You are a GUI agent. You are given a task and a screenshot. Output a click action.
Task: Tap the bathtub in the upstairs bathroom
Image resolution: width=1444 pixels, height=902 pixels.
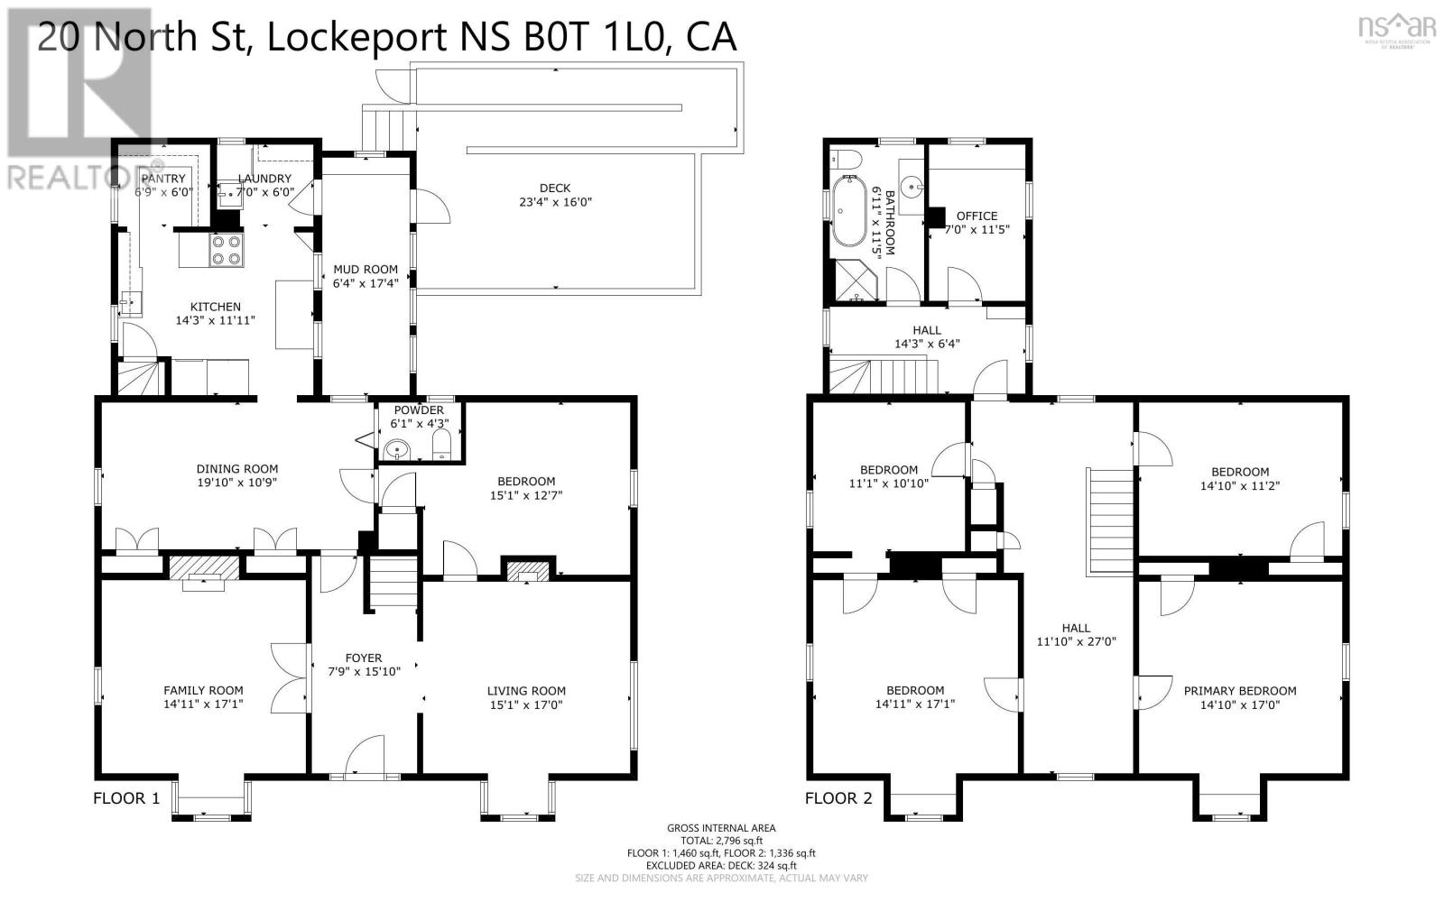click(x=847, y=211)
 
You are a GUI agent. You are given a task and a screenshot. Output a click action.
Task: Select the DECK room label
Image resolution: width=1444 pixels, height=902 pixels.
click(x=555, y=189)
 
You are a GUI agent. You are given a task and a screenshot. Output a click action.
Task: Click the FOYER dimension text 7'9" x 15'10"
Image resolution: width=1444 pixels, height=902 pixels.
click(x=364, y=672)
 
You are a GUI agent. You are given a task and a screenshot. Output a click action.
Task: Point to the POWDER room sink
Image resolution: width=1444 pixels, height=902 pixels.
click(x=395, y=449)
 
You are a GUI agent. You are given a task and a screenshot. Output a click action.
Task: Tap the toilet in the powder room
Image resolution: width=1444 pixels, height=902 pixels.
click(x=442, y=446)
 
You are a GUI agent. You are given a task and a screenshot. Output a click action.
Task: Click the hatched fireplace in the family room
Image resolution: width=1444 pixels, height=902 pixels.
click(x=205, y=567)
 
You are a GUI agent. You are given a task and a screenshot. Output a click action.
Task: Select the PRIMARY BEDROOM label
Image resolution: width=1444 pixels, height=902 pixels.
click(x=1240, y=691)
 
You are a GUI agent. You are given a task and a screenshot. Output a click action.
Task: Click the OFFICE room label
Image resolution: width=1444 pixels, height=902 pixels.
click(x=977, y=216)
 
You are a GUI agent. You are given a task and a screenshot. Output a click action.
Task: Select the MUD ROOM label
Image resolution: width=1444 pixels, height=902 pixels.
click(x=366, y=269)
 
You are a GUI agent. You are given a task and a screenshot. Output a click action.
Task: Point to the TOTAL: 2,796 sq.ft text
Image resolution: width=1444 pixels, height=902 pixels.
click(x=721, y=840)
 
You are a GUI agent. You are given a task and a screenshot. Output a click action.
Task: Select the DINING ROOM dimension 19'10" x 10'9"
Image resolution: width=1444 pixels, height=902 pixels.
click(x=237, y=483)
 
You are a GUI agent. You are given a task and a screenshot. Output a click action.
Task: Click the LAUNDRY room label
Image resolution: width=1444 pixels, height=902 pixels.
click(x=264, y=179)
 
